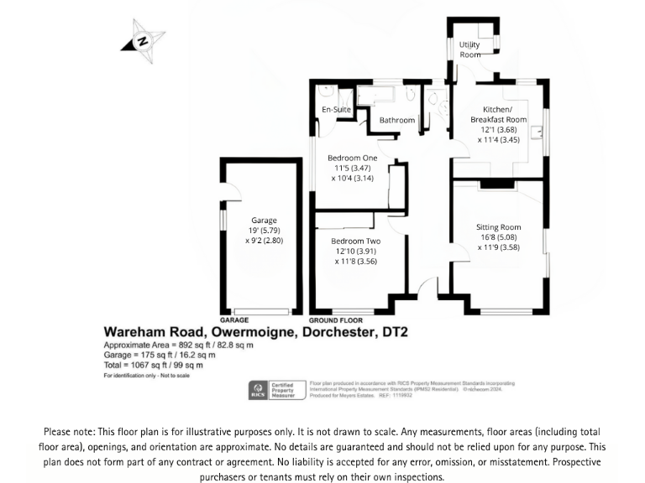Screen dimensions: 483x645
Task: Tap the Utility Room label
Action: coord(470,49)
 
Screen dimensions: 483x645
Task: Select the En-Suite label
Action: coord(337,110)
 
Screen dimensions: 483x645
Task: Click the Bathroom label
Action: coord(397,121)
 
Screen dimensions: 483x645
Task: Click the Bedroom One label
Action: coord(353,158)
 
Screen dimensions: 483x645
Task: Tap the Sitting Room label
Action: coord(499,227)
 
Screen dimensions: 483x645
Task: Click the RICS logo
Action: coord(255,388)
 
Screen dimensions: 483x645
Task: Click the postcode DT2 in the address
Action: coord(391,333)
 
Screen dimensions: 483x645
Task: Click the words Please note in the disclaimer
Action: coord(70,431)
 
